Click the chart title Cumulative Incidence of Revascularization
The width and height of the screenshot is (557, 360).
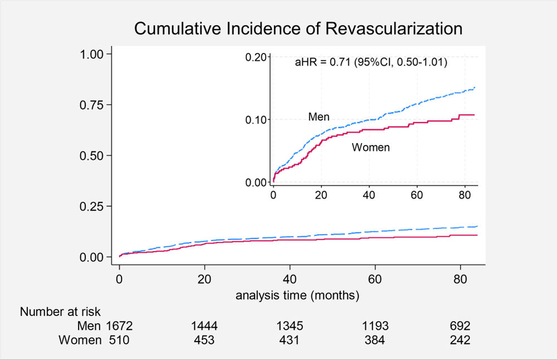(x=298, y=28)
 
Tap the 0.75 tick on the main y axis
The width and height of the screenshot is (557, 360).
(x=91, y=105)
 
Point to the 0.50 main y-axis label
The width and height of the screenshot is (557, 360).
(x=91, y=155)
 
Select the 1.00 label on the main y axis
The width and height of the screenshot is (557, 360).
(x=91, y=55)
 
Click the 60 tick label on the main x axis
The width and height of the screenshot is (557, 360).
(x=375, y=279)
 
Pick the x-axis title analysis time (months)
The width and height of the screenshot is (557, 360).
(x=297, y=295)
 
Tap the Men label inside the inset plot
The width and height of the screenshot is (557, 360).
(x=319, y=116)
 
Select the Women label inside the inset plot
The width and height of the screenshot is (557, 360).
(x=370, y=147)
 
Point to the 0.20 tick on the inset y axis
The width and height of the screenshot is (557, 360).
(x=256, y=57)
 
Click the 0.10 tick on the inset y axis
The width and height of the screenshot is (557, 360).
(x=256, y=120)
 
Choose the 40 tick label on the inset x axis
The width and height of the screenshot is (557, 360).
(x=369, y=195)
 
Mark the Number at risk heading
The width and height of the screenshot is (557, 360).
(x=60, y=312)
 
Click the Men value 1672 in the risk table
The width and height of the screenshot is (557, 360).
(x=119, y=326)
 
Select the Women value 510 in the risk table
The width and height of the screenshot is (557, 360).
(x=119, y=340)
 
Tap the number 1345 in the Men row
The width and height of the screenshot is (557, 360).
(x=290, y=326)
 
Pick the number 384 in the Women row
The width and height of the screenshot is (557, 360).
(x=374, y=340)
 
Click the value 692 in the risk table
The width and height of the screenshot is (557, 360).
(x=460, y=326)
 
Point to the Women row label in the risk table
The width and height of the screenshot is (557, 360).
(x=80, y=340)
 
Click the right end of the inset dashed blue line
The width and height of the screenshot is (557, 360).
(x=475, y=87)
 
